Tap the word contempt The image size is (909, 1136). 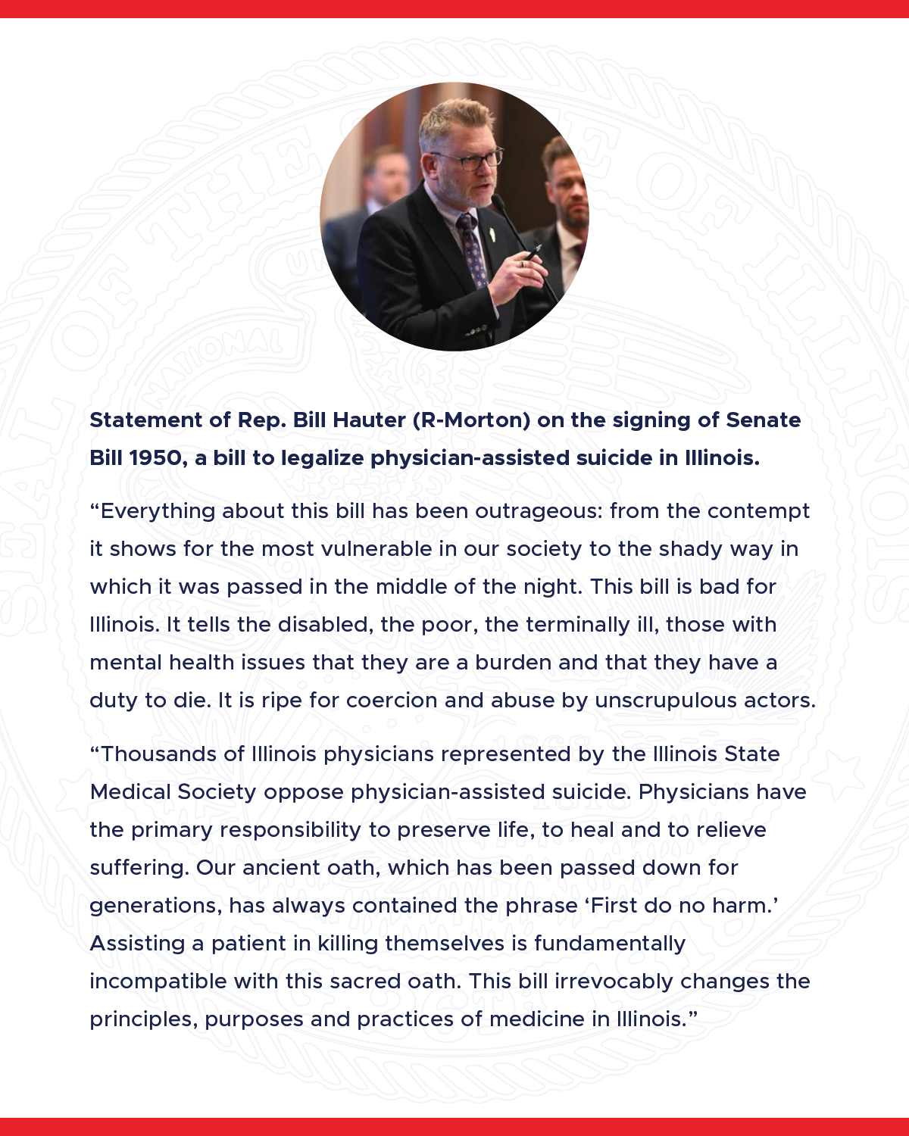[759, 511]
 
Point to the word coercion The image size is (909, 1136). [392, 701]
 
